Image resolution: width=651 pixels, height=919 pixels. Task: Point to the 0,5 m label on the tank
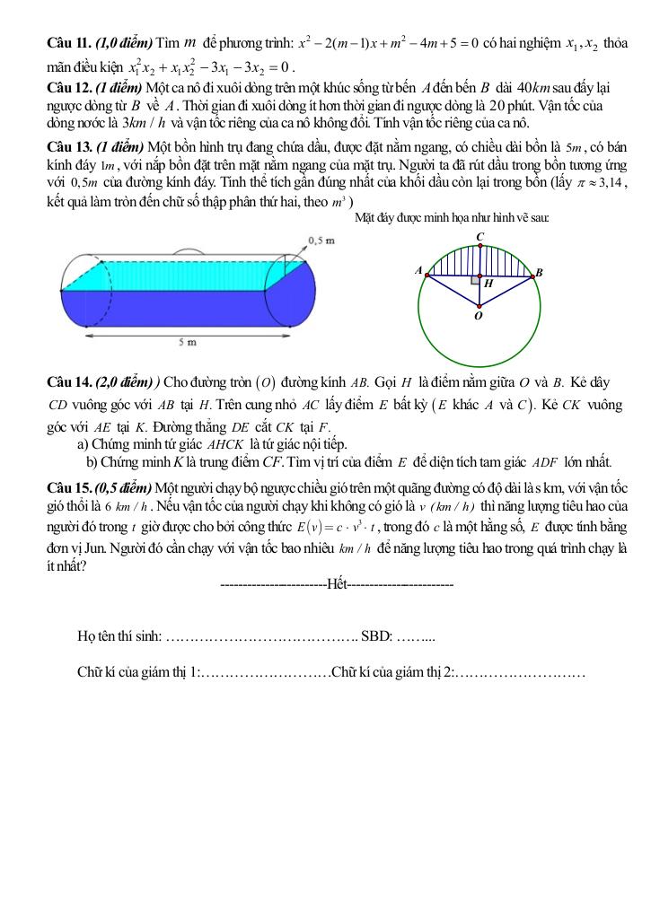[321, 241]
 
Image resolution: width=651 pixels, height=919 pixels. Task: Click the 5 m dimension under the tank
[187, 343]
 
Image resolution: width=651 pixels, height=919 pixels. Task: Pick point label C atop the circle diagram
[479, 237]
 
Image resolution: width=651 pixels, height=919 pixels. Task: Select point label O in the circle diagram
[478, 316]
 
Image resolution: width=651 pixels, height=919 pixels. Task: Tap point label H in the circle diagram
[488, 284]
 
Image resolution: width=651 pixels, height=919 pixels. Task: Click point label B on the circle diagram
[539, 272]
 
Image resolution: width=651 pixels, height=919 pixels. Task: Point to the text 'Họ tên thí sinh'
[119, 637]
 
